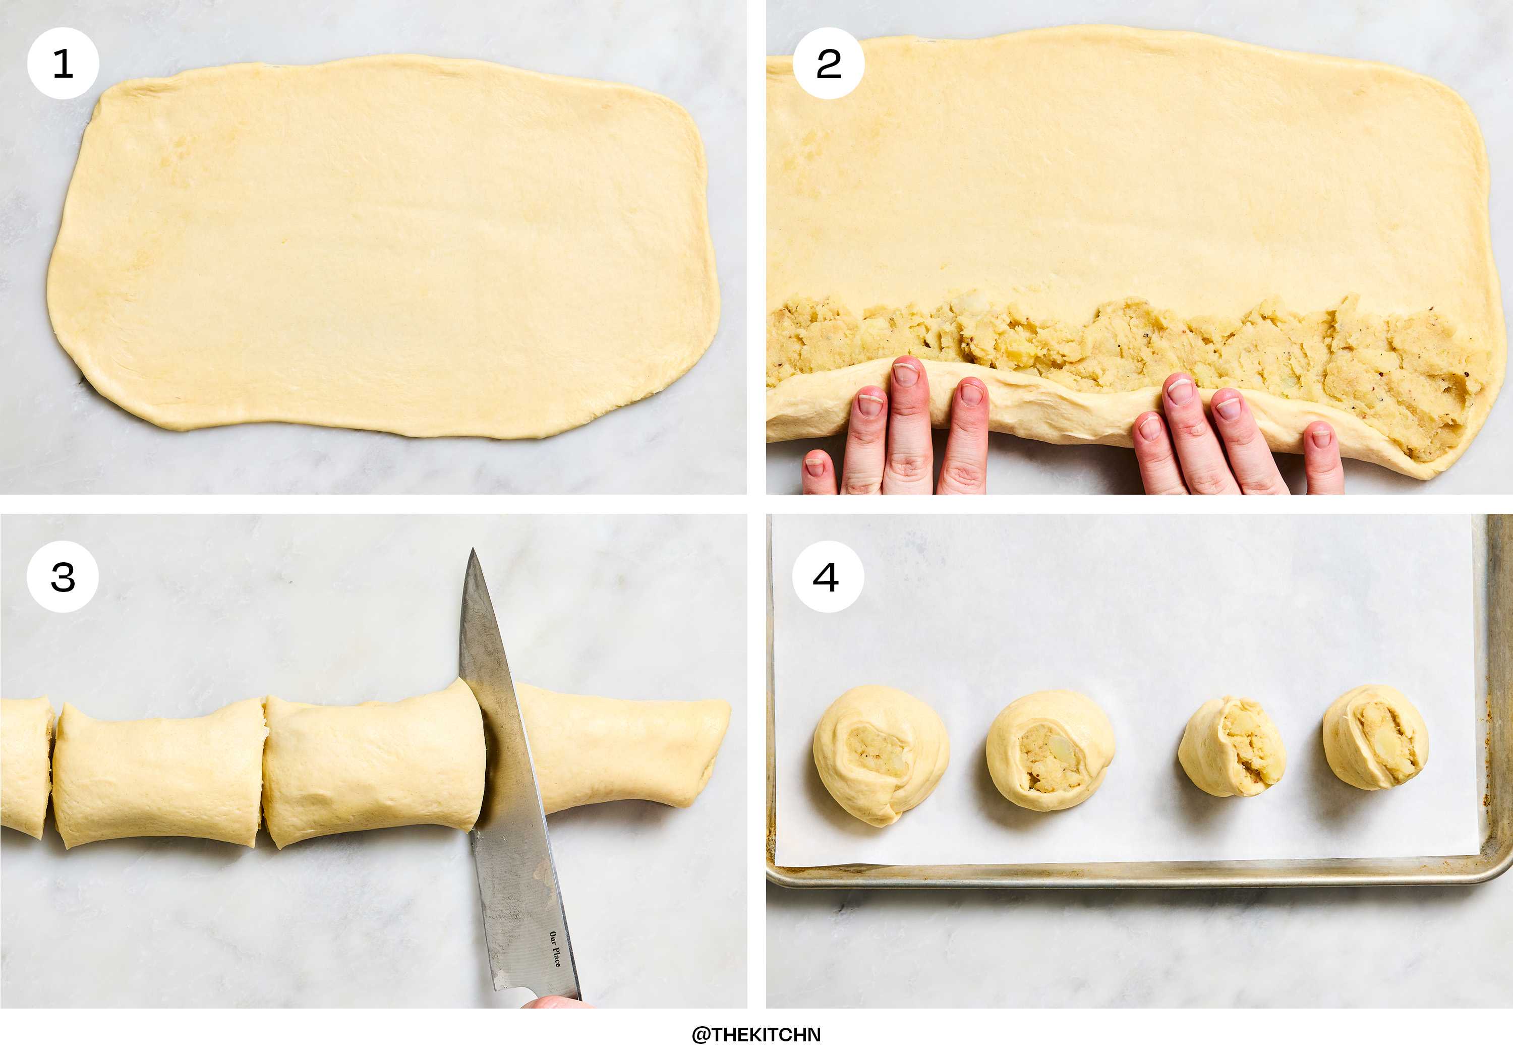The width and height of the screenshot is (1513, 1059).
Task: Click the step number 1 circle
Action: click(x=63, y=63)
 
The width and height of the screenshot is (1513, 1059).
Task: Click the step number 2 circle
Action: click(x=828, y=63)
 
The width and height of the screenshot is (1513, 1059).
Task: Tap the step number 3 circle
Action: click(x=63, y=576)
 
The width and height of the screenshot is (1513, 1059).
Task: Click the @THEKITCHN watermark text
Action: click(x=756, y=1035)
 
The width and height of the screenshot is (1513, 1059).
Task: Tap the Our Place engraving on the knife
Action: click(x=555, y=949)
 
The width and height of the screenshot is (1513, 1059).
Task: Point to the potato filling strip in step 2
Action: click(x=1120, y=343)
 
